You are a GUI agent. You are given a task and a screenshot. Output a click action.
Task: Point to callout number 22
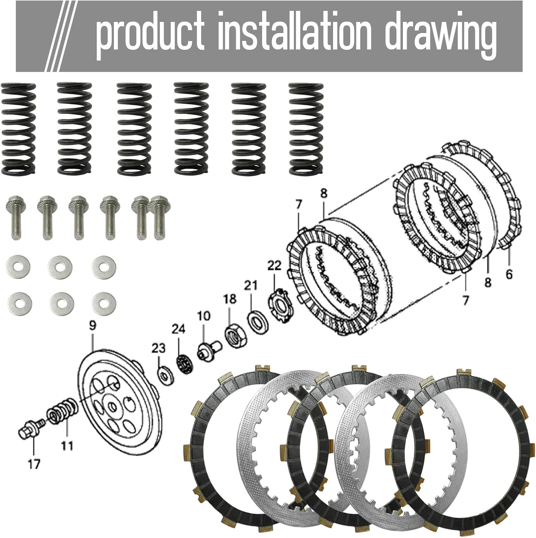point(274,266)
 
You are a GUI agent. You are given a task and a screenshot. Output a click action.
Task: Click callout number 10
point(203,316)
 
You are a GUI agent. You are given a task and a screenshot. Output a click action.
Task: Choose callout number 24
point(178,329)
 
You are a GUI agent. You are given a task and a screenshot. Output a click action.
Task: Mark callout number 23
point(158,348)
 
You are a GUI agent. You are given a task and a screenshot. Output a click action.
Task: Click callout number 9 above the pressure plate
point(92,326)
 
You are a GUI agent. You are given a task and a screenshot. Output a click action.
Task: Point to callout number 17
point(34,464)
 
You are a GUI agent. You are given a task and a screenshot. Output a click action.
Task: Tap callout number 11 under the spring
point(67,446)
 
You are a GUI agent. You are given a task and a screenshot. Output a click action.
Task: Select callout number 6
point(509,274)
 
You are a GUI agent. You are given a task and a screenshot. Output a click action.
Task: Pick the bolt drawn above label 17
point(30,429)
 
